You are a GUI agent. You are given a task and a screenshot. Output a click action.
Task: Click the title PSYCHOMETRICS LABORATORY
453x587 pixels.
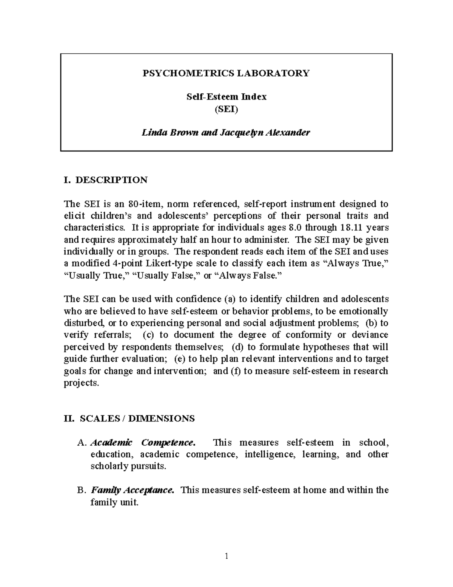coord(226,73)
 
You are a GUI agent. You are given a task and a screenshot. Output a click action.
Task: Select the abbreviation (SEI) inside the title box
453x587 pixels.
coord(226,109)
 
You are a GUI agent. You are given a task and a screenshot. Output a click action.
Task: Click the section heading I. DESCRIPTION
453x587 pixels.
coord(106,180)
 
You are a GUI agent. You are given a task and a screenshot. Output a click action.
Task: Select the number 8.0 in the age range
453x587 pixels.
coord(294,228)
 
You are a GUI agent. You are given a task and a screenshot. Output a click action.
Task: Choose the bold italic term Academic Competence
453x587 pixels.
coord(143,442)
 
